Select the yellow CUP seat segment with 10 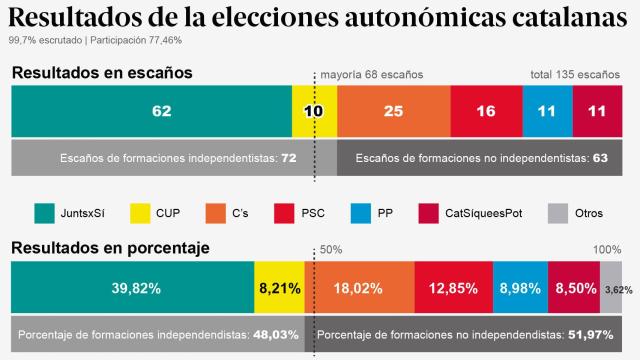(x=314, y=110)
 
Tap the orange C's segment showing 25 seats (x=394, y=110)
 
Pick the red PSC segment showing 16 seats (x=486, y=110)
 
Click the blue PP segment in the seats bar (x=547, y=110)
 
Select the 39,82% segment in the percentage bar (x=132, y=288)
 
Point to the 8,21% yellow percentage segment (x=279, y=288)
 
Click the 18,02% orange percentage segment (x=359, y=288)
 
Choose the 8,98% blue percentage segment (x=520, y=288)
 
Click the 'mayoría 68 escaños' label (x=371, y=74)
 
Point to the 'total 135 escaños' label (x=575, y=74)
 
